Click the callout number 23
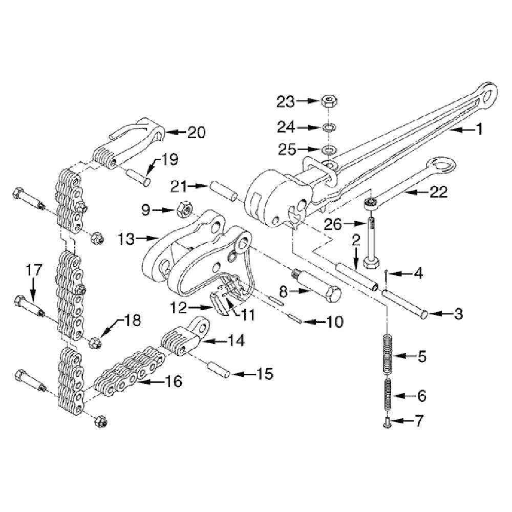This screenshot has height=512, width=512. pos(286,102)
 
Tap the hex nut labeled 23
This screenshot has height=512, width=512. pos(329,101)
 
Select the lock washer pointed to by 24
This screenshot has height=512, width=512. pos(328,127)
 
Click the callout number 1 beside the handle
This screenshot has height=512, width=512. pos(479,130)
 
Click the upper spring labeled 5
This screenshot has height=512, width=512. pos(387,355)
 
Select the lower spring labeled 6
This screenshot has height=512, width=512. pos(387,395)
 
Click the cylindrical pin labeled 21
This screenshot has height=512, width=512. pos(225,191)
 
